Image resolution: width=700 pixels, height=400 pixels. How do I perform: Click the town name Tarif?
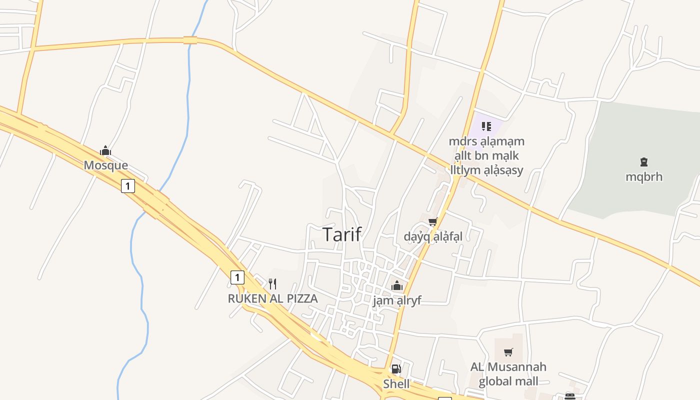point(342,234)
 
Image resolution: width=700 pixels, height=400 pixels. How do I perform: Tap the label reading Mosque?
point(105,165)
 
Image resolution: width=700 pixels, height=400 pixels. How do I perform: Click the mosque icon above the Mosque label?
point(105,150)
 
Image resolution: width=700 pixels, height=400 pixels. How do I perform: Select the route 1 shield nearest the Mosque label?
point(128,186)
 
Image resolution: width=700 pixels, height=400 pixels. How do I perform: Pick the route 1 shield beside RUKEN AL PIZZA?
point(237,277)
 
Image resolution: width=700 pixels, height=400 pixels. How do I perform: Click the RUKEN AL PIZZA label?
point(272,299)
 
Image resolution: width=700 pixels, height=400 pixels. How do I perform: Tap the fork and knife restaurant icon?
point(272,284)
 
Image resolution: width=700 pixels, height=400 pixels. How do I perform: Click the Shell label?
point(396,384)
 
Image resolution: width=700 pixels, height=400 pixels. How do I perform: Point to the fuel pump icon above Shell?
point(396,369)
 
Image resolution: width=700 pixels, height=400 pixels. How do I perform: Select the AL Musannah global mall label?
point(508,374)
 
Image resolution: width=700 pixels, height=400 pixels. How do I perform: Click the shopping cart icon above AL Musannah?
point(508,352)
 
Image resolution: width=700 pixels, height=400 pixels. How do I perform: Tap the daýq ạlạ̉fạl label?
point(433,236)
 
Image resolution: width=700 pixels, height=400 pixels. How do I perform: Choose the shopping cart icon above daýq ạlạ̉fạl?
point(433,221)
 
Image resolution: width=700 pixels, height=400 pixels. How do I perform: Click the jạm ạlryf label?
point(397,300)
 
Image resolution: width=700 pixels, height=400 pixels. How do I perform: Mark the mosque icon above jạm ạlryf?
point(397,286)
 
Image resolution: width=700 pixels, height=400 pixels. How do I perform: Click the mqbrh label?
point(643,176)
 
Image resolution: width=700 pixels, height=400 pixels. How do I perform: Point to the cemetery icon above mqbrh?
point(643,162)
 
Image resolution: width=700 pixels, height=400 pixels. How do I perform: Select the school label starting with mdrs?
point(486,155)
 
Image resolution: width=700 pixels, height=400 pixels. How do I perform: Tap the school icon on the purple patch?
point(486,126)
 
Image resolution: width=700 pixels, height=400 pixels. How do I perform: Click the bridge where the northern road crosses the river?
point(190,40)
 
